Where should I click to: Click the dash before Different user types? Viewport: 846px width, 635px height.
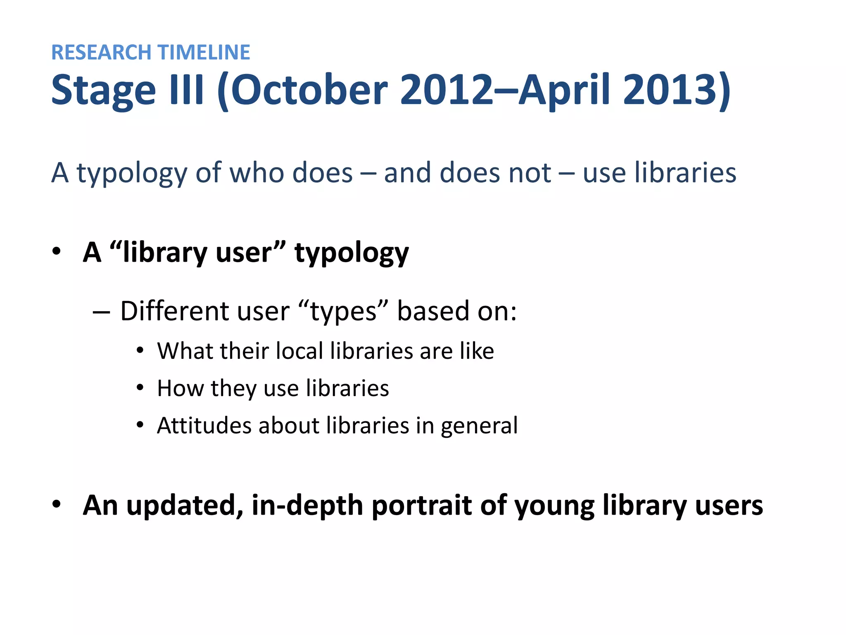[x=101, y=311]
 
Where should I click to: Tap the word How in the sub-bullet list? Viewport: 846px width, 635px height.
[x=181, y=388]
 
